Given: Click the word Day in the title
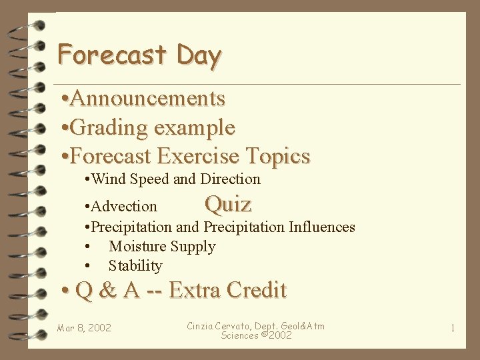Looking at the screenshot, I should (199, 55).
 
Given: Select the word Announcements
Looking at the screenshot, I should (147, 99).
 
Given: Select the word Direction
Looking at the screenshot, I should (230, 179).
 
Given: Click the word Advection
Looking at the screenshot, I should (125, 207).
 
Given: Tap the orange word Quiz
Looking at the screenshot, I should (228, 203).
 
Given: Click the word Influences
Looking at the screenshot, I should (322, 227).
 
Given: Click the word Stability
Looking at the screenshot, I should (135, 265).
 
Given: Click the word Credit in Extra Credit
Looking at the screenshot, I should (257, 291).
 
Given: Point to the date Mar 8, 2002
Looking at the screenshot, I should (84, 328).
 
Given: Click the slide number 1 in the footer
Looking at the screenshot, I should (453, 328).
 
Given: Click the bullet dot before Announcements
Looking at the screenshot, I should (63, 99).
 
